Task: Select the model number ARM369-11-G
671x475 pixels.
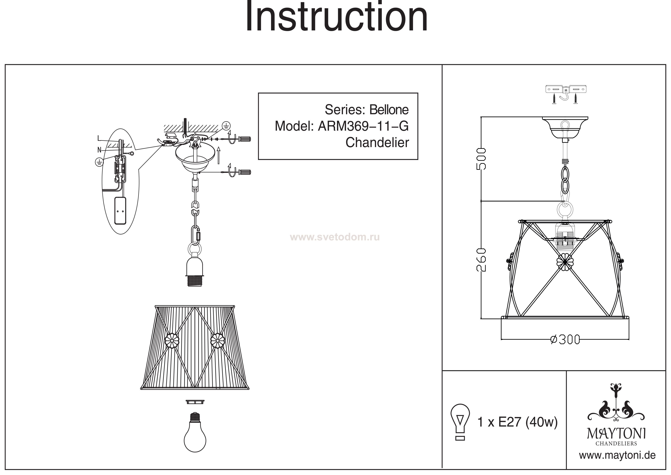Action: coord(363,126)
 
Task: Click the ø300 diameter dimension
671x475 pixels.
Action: coord(565,340)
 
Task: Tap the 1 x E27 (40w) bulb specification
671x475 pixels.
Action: coord(517,422)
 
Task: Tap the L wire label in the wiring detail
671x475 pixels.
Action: coord(99,138)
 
